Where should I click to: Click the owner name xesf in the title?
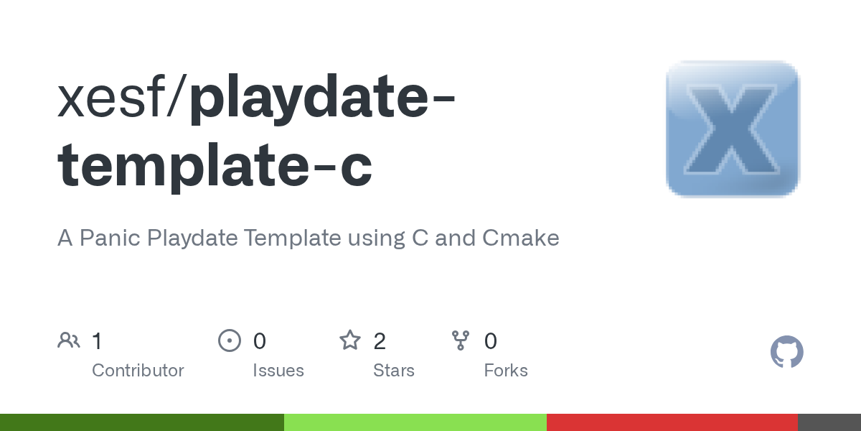click(111, 97)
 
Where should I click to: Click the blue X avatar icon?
click(733, 129)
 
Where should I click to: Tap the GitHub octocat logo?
click(787, 352)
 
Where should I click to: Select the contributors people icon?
click(69, 340)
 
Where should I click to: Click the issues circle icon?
click(230, 340)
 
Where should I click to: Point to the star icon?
click(350, 340)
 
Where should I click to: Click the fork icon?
click(461, 340)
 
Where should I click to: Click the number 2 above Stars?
click(380, 341)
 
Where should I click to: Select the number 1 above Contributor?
click(98, 341)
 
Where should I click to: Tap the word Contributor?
click(138, 371)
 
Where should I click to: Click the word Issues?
click(278, 371)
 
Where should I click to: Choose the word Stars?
click(394, 371)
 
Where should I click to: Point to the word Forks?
click(506, 371)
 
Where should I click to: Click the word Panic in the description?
click(110, 238)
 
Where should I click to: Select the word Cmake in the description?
click(521, 238)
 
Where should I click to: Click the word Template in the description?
click(293, 238)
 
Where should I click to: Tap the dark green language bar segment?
click(142, 422)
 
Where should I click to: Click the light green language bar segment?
click(415, 422)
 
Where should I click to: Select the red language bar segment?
click(672, 422)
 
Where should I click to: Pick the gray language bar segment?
click(829, 422)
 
